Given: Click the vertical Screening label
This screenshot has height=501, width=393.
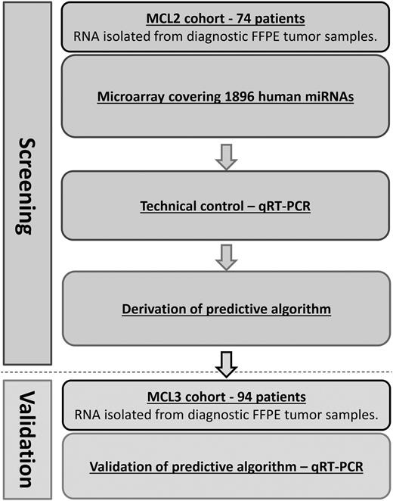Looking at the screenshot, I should tap(27, 185).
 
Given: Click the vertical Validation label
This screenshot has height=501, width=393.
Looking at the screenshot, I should tap(27, 437).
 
